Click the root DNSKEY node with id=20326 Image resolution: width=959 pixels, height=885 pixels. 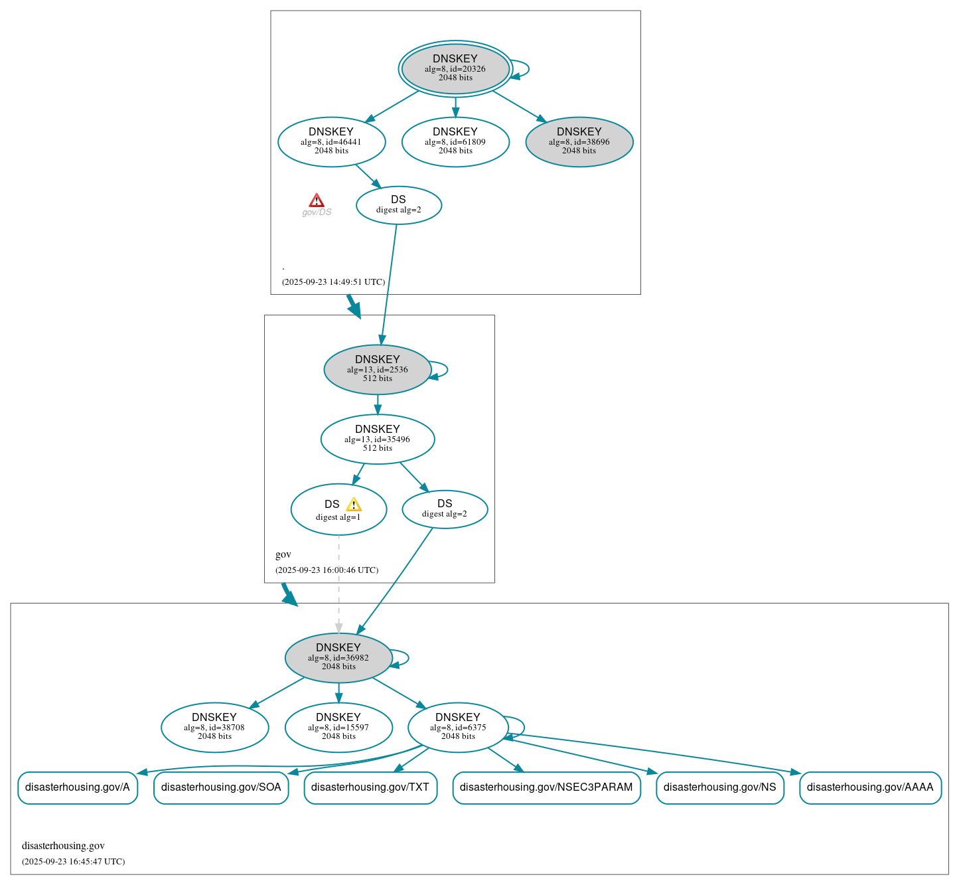pos(455,68)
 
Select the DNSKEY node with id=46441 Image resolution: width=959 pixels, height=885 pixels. pos(331,141)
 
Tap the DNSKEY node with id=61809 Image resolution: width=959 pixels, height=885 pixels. pos(455,141)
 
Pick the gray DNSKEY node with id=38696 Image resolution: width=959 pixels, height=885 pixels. pos(579,141)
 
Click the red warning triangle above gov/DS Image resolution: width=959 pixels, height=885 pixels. pos(317,201)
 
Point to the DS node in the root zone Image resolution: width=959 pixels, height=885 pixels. pos(398,204)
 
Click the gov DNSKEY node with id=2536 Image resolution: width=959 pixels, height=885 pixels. pos(377,369)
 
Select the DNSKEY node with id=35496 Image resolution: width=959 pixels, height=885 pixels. pos(377,439)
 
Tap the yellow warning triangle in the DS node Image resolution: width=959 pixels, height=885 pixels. pos(354,505)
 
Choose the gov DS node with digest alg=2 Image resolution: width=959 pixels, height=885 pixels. pos(445,509)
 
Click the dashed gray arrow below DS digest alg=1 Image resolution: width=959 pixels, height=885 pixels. pos(338,584)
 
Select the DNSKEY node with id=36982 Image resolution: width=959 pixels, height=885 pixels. pos(338,657)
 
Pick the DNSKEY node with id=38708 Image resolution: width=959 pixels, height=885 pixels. pos(214,727)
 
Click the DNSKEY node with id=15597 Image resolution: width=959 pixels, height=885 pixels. pos(338,727)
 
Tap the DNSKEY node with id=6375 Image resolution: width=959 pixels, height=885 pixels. pos(458,727)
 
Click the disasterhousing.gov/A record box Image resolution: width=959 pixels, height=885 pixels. pos(78,787)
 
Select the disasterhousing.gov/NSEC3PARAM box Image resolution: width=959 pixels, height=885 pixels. pos(546,787)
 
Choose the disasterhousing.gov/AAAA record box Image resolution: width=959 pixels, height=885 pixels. pos(870,787)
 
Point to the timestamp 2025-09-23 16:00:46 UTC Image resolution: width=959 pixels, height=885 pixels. pos(327,570)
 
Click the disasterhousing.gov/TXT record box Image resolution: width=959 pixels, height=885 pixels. pos(370,787)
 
